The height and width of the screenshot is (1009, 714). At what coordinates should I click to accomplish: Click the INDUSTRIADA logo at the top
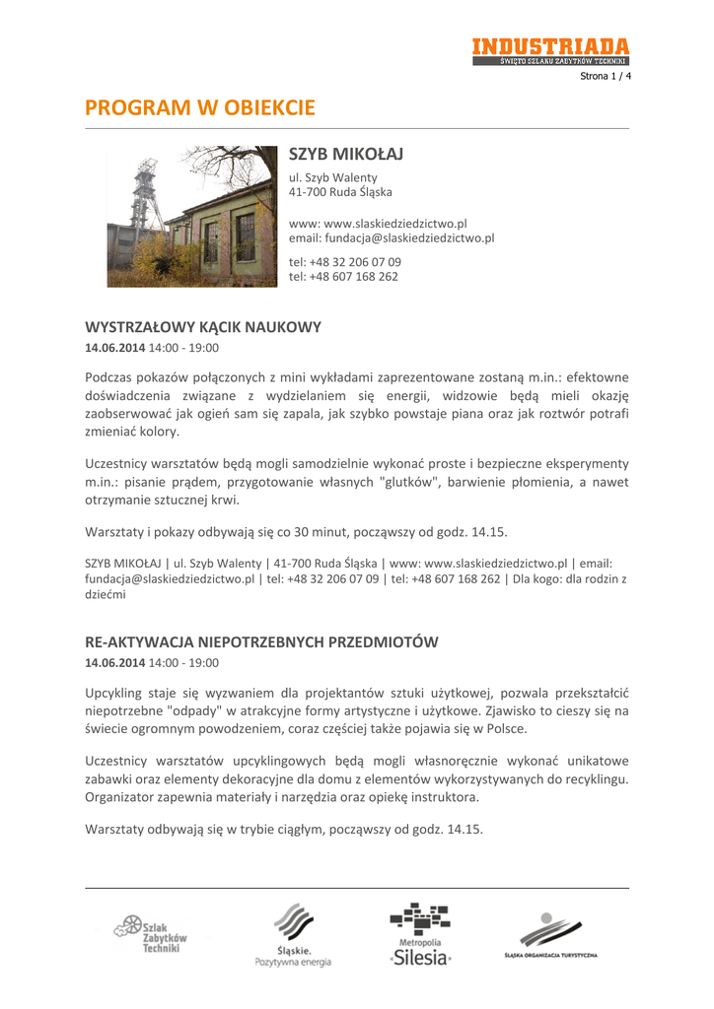tap(549, 50)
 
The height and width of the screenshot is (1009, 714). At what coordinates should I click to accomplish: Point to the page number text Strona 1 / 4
tap(605, 76)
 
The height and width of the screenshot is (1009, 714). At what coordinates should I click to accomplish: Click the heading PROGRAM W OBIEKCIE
tap(200, 106)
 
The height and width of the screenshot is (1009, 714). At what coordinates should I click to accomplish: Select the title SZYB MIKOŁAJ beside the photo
tap(346, 156)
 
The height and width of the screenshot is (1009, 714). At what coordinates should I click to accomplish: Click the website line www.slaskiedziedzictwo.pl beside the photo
tap(377, 224)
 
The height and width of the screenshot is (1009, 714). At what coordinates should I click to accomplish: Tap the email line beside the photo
tap(391, 238)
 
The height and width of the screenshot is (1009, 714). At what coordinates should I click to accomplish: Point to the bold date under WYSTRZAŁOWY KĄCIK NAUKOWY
tap(115, 348)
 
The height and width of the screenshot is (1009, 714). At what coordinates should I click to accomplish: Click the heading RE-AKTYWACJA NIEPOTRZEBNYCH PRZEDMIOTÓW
tap(261, 641)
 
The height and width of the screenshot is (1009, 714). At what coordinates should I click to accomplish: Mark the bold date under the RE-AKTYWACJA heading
tap(115, 663)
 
